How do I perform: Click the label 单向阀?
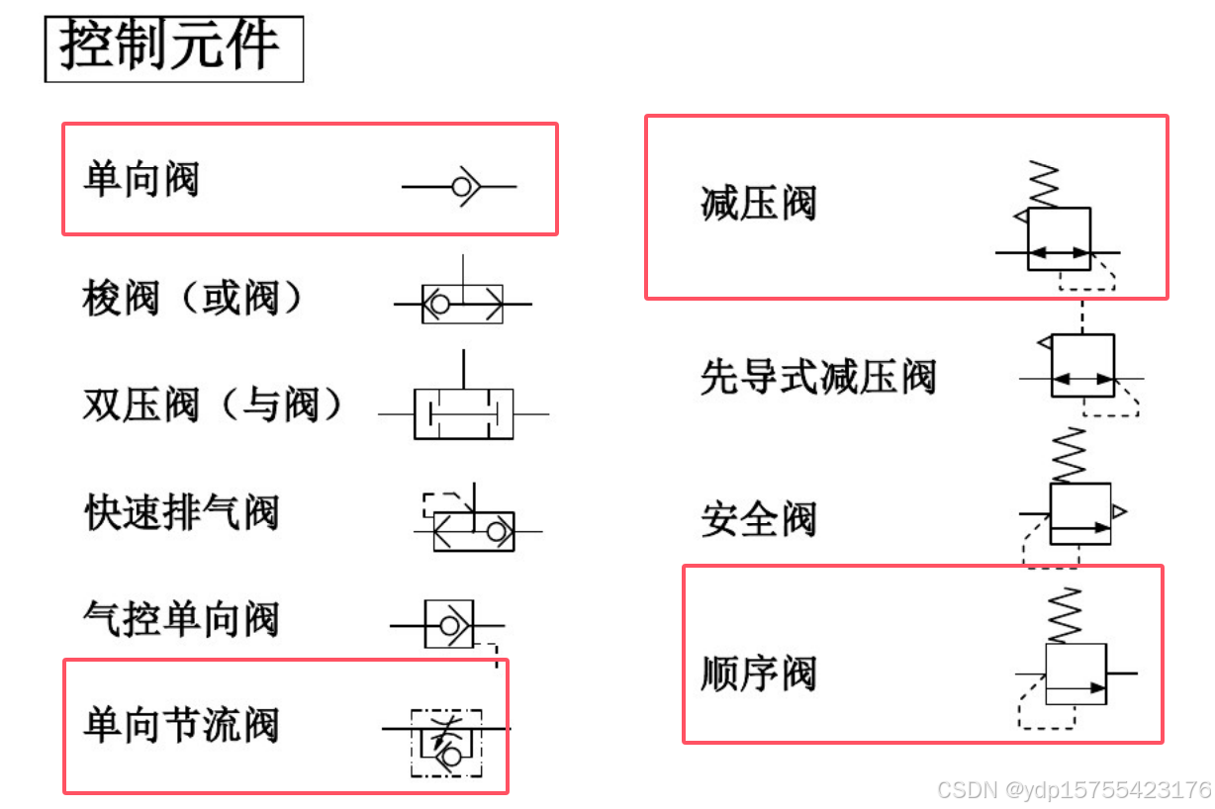pyautogui.click(x=141, y=181)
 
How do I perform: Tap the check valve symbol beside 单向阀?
pyautogui.click(x=461, y=186)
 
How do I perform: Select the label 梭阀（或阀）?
pyautogui.click(x=193, y=297)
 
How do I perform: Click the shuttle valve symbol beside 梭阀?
pyautogui.click(x=462, y=303)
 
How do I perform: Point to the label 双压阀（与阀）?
pyautogui.click(x=213, y=404)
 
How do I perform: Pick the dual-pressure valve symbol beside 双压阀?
pyautogui.click(x=463, y=413)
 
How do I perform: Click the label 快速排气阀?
pyautogui.click(x=182, y=512)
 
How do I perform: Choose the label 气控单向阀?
pyautogui.click(x=181, y=620)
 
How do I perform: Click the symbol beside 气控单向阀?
pyautogui.click(x=449, y=625)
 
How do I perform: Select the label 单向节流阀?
pyautogui.click(x=181, y=725)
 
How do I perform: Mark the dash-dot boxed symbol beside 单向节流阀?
pyautogui.click(x=446, y=742)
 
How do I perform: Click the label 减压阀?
pyautogui.click(x=758, y=204)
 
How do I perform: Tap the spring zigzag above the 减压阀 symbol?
pyautogui.click(x=1044, y=183)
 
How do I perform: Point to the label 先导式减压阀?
pyautogui.click(x=817, y=377)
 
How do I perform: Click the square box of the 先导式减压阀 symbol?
pyautogui.click(x=1082, y=365)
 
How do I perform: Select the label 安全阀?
pyautogui.click(x=758, y=519)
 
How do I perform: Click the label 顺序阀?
pyautogui.click(x=758, y=674)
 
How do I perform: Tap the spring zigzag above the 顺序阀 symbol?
pyautogui.click(x=1065, y=615)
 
